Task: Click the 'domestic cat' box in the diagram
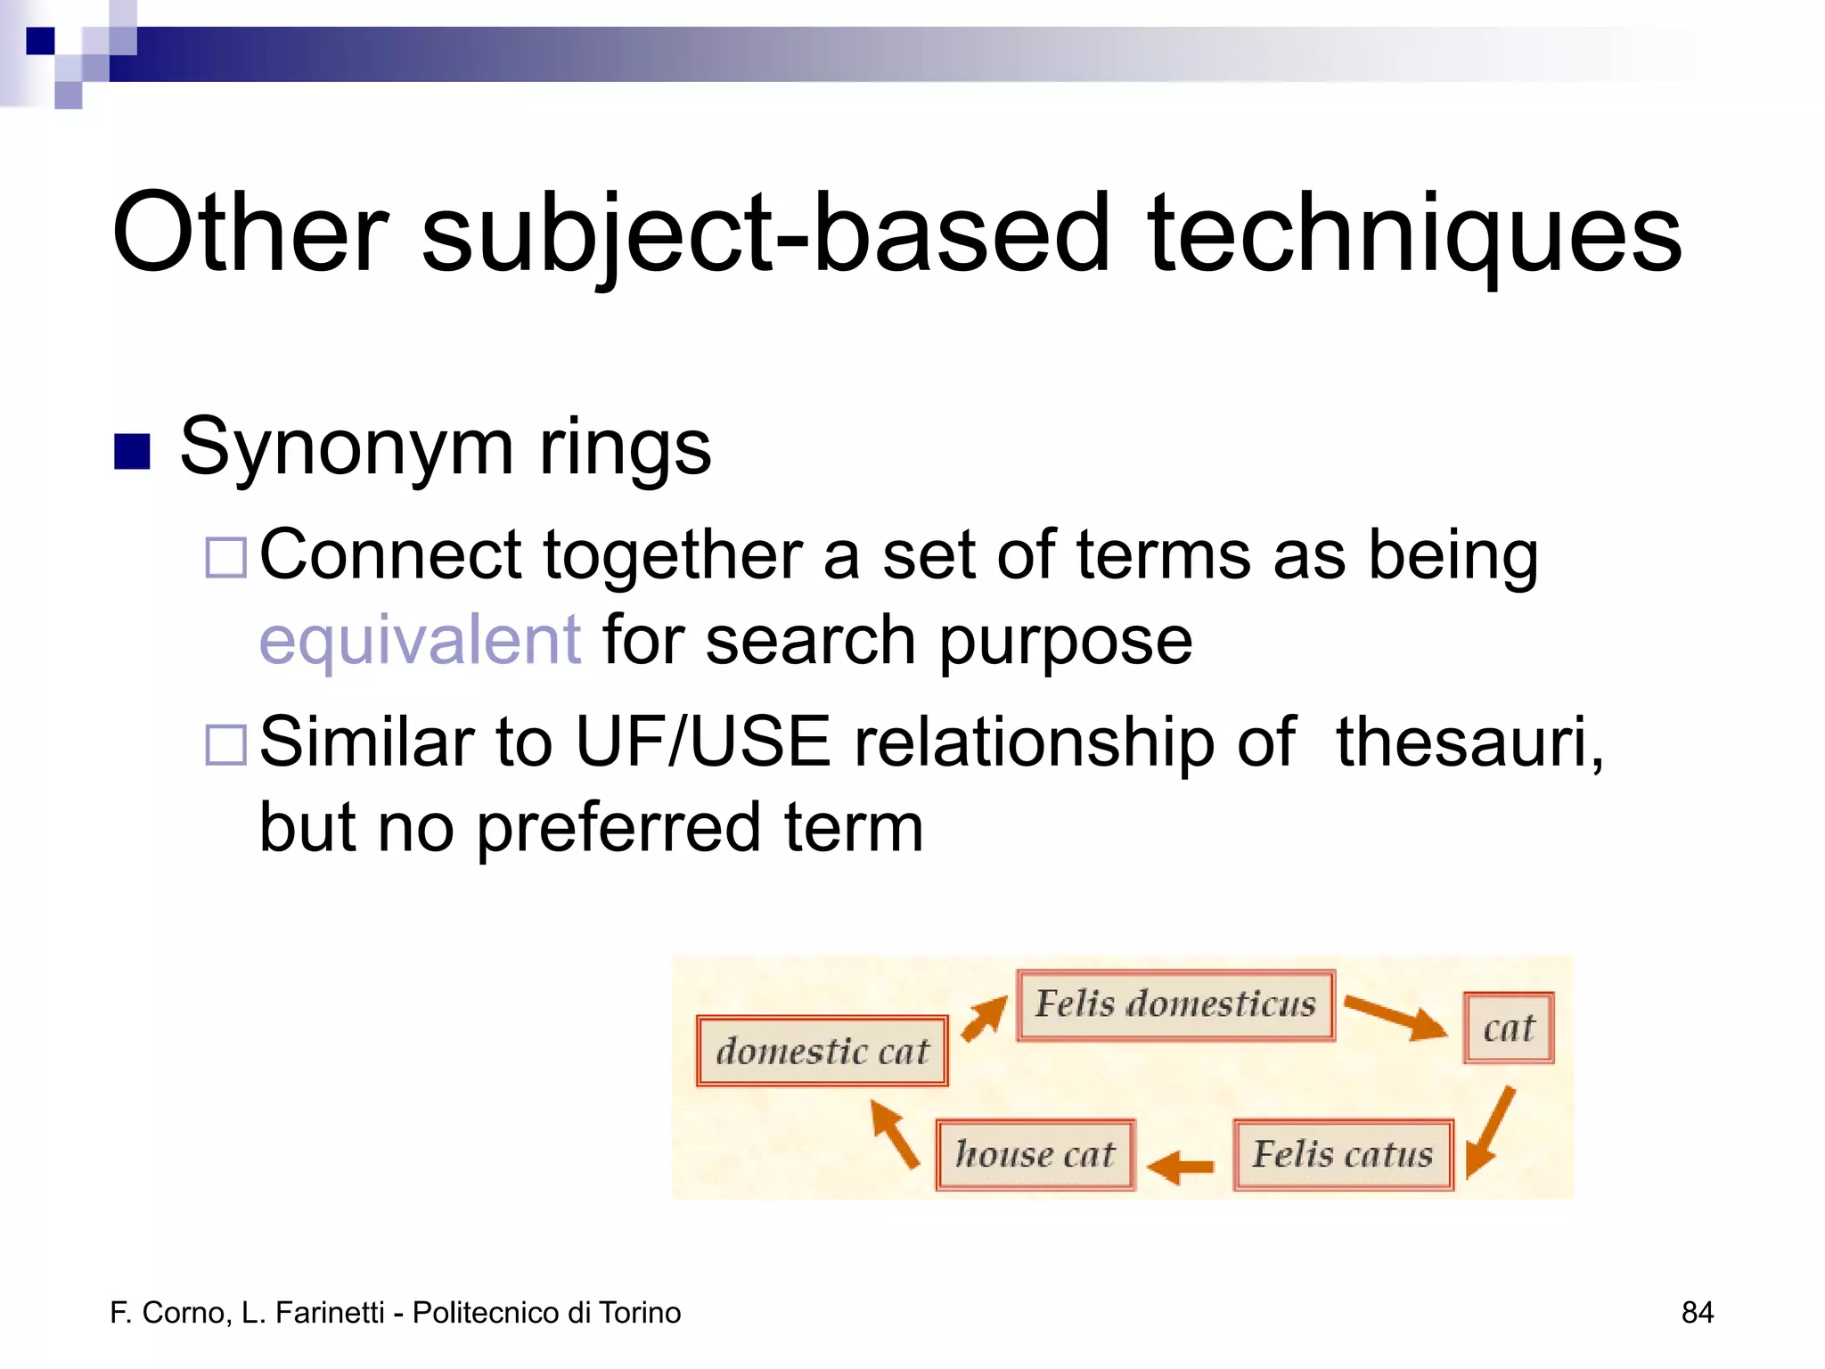pos(822,1051)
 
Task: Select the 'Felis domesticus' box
pos(1175,1004)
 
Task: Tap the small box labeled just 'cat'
pos(1508,1028)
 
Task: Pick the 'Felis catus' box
pos(1343,1154)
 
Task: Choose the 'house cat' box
pos(1035,1154)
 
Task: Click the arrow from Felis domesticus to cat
pos(1395,1017)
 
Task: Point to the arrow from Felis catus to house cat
pos(1181,1166)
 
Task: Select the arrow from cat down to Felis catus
pos(1490,1132)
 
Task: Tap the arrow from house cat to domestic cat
pos(895,1133)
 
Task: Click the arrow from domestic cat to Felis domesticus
pos(984,1018)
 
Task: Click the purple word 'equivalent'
pos(420,640)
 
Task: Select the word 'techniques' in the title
pos(1414,234)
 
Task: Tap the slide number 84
pos(1697,1312)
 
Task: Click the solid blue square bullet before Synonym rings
pos(132,451)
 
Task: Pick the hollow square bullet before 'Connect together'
pos(225,558)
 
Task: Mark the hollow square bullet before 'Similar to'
pos(225,745)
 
